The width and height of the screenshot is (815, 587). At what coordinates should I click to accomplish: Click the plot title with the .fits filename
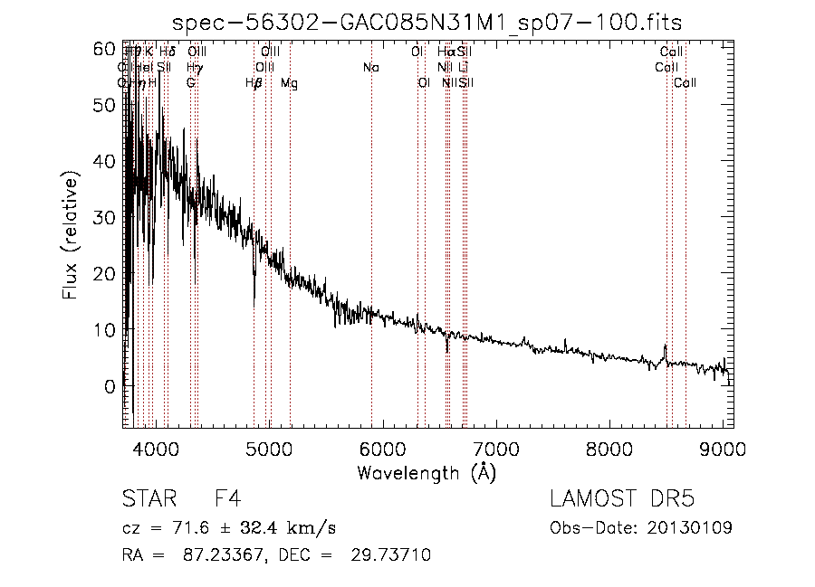coord(427,22)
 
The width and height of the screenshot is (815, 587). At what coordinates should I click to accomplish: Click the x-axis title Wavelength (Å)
coord(427,471)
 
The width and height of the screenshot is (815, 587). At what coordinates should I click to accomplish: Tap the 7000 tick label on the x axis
coord(495,449)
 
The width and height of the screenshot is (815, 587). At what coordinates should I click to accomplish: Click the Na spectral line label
coord(370,68)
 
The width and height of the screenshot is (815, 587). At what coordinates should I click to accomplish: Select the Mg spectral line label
coord(289,83)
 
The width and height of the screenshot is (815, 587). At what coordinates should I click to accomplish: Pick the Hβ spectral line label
coord(254,83)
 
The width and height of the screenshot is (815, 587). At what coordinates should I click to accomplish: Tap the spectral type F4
coord(226,500)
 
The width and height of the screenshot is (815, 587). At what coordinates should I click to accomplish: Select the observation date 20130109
coord(696,527)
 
